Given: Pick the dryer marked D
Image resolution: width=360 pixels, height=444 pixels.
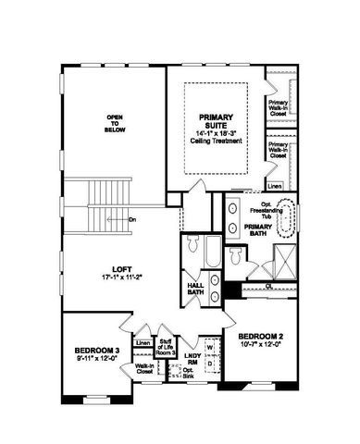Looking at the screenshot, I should click(x=208, y=364).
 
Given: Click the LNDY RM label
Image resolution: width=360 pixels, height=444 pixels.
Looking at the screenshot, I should click(x=191, y=358).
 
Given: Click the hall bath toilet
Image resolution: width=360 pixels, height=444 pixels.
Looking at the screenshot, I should click(x=192, y=248).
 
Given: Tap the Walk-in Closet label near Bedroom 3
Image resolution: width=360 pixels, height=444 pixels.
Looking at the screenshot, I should click(x=143, y=370).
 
